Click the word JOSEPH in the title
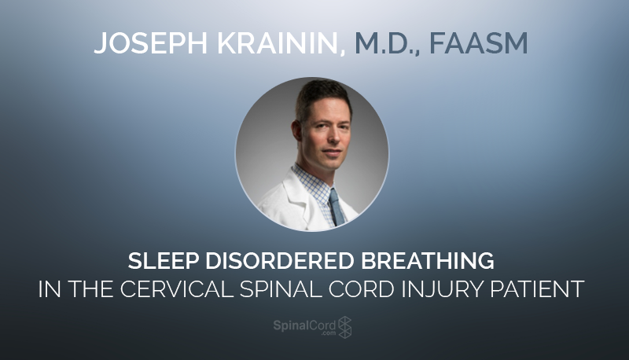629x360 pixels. (150, 43)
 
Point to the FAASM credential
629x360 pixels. (479, 43)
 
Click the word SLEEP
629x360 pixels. (164, 261)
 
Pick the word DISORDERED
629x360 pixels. (280, 261)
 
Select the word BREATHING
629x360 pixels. (428, 261)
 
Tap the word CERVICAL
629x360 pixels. (177, 288)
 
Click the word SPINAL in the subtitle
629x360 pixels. (281, 288)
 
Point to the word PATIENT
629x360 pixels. (537, 288)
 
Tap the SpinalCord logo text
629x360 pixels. (304, 325)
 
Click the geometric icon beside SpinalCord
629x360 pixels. (345, 327)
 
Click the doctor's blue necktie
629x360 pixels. (337, 208)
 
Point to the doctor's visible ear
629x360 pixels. (297, 131)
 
